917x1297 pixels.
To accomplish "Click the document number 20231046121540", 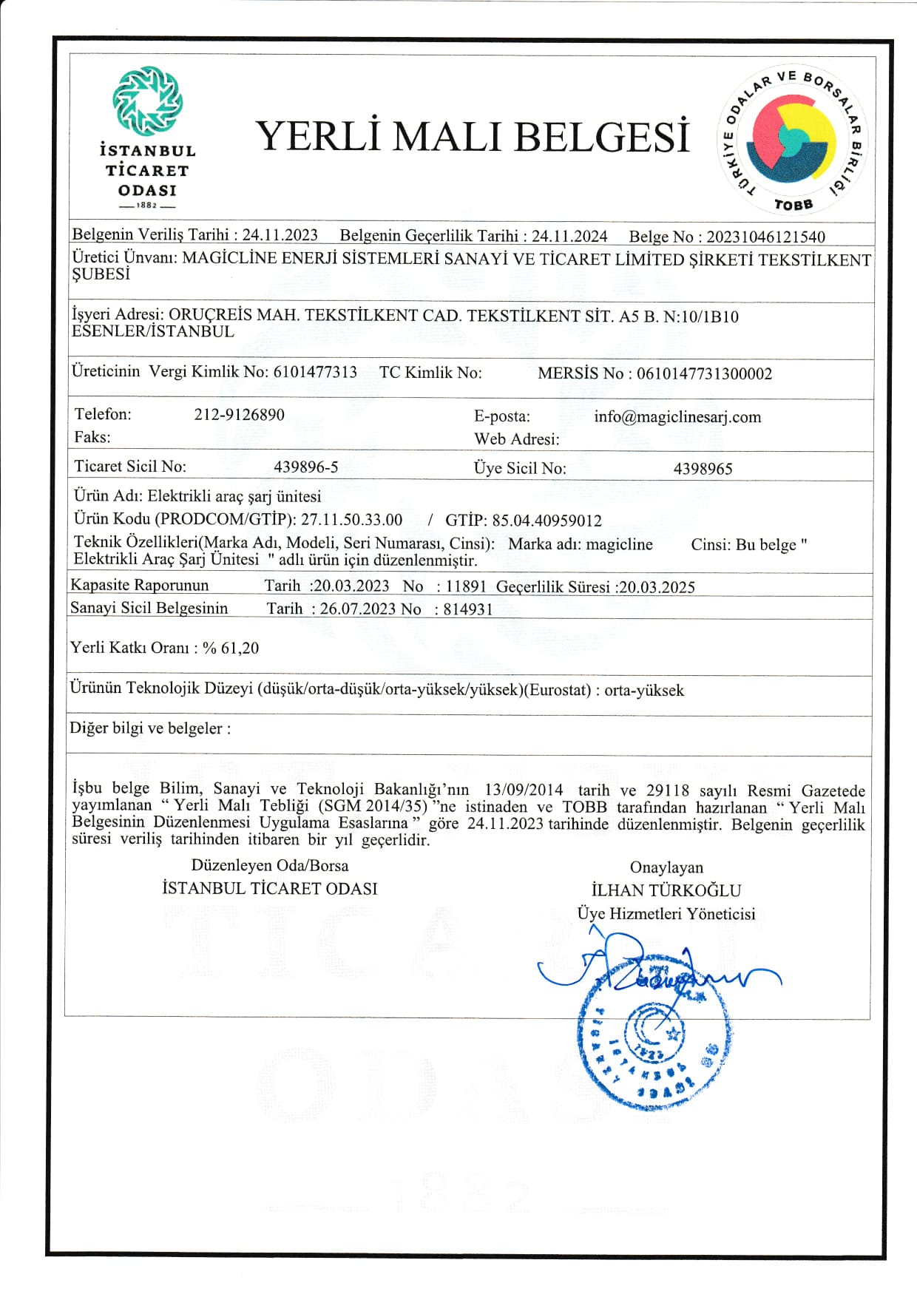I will click(765, 237).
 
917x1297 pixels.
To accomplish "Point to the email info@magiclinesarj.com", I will click(677, 416).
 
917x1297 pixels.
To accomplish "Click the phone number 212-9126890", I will click(239, 414).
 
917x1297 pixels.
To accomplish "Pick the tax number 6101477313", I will click(315, 372).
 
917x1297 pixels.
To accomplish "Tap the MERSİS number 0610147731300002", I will click(704, 373).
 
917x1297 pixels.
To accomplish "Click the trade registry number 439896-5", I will click(305, 467).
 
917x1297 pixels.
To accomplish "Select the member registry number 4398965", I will click(703, 469).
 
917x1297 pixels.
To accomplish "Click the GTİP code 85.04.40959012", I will click(547, 521).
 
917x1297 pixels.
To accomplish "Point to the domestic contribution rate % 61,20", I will click(231, 648).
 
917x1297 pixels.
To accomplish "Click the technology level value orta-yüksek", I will click(644, 691).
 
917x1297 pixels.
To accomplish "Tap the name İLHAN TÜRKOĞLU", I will click(666, 890).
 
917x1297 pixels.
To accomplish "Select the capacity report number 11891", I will click(466, 587).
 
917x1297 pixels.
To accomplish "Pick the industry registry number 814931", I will click(468, 609).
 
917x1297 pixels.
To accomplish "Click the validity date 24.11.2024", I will click(569, 236).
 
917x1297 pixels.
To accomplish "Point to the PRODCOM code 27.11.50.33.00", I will click(351, 519).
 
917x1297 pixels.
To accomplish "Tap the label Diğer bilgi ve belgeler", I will click(149, 728).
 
